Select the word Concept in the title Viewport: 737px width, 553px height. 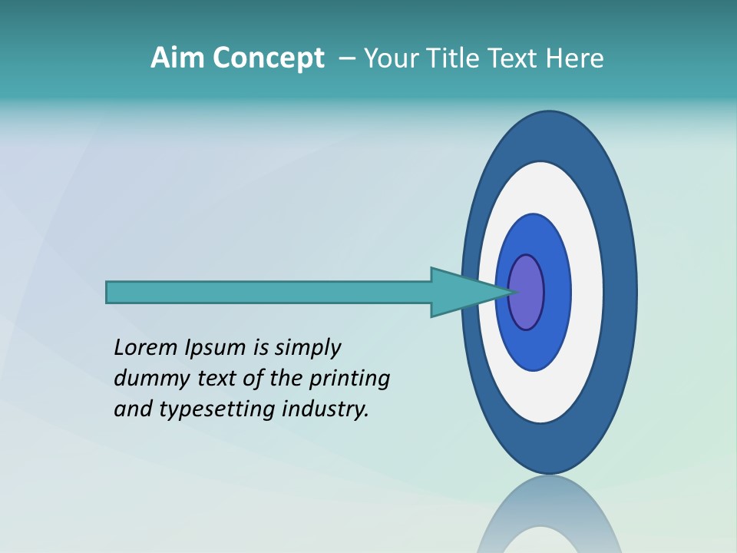coord(269,58)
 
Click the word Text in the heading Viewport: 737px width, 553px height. coord(514,58)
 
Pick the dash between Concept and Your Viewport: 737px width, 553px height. coord(345,58)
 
